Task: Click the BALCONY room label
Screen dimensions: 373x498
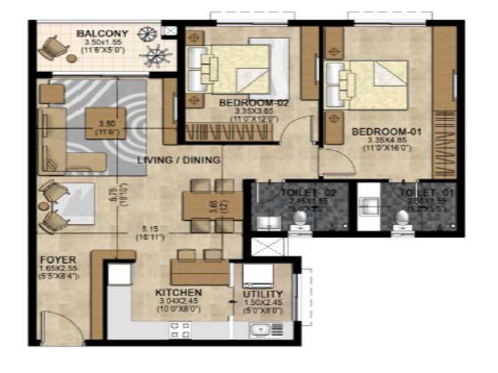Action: tap(102, 34)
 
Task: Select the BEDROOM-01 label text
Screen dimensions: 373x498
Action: tap(378, 132)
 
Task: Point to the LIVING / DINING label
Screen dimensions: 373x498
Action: tap(179, 160)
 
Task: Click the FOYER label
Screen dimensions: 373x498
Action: tap(58, 260)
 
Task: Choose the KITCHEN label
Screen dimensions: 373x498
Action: tap(179, 293)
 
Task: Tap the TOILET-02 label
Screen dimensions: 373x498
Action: tap(308, 193)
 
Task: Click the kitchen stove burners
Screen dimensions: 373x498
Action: tap(179, 330)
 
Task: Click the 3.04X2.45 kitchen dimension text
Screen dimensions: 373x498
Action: tap(179, 303)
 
